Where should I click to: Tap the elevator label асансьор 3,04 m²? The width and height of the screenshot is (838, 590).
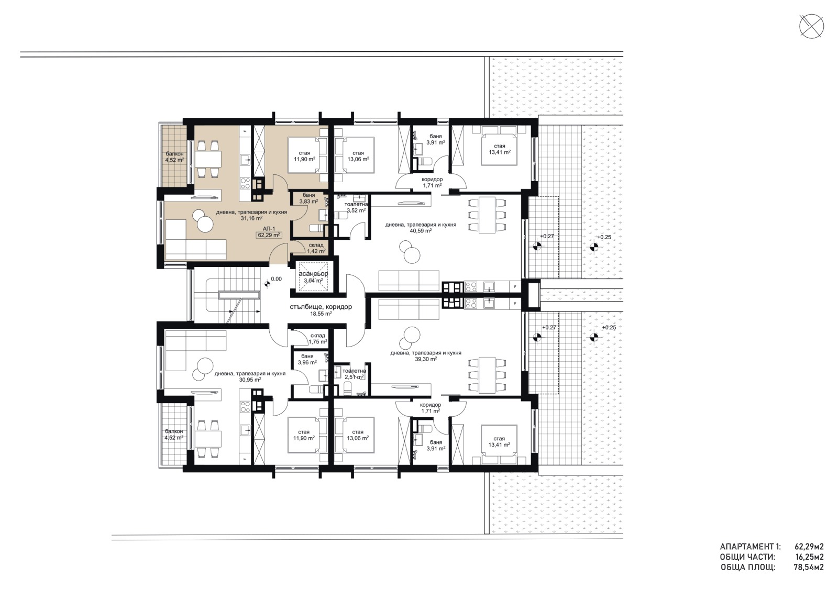point(313,277)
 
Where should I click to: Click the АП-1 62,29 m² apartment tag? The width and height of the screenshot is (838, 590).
point(269,232)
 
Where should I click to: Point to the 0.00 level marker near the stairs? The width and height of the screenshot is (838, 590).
point(275,280)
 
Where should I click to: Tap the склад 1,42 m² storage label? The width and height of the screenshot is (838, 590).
point(316,248)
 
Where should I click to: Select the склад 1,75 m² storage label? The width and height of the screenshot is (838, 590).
point(317,339)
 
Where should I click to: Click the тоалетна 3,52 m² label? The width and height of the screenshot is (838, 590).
point(356,207)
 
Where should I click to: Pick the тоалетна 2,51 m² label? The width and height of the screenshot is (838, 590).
point(355,373)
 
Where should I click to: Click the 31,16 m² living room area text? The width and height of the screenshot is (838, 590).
point(251,219)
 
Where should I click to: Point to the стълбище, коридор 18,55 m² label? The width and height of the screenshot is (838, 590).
point(321,310)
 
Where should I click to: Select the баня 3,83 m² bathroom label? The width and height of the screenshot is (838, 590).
point(308,198)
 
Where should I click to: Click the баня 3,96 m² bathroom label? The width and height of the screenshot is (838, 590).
point(307,359)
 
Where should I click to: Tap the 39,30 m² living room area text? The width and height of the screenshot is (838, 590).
point(425,360)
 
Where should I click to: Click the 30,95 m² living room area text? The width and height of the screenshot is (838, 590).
point(250,380)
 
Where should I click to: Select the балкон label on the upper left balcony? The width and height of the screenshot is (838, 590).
point(174,153)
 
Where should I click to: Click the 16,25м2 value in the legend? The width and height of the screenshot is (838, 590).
point(809,557)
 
